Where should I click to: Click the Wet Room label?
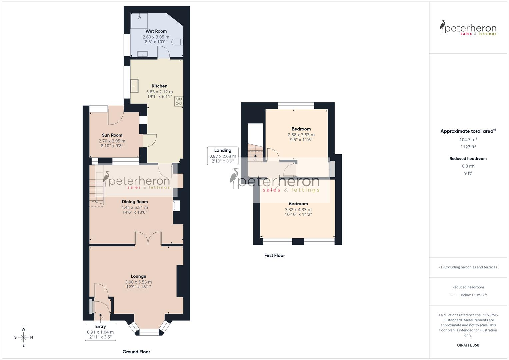pos(156,31)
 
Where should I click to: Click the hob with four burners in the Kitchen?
pos(179,101)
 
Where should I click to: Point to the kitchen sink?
pos(135,86)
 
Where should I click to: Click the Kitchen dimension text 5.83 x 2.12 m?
pos(159,92)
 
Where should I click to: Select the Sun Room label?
pos(112,135)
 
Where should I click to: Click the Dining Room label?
pos(135,201)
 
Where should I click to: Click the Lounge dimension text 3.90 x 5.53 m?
pos(138,282)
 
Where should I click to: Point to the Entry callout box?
pos(100,332)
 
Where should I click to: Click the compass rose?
pos(23,337)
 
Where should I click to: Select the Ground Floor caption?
pos(136,352)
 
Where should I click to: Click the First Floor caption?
pos(275,255)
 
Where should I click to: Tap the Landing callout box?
pos(223,156)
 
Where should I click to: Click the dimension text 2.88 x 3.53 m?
pos(301,135)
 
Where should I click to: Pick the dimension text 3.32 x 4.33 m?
pos(298,210)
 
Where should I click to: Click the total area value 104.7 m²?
pos(468,140)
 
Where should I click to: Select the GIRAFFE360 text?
pos(468,345)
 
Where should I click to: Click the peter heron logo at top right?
pos(468,28)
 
